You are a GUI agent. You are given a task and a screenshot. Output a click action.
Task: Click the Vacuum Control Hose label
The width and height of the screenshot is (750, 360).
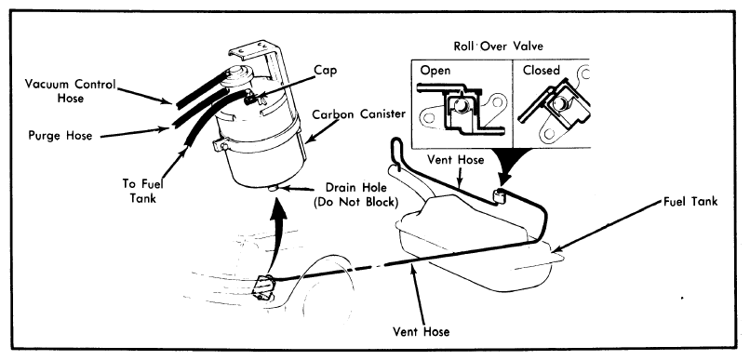click(x=71, y=91)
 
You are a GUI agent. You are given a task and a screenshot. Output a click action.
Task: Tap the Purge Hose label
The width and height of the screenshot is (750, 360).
click(x=60, y=135)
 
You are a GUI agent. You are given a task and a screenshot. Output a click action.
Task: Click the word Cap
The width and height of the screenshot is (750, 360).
click(x=326, y=71)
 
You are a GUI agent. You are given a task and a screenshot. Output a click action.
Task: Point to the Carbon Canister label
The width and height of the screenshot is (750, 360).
click(x=359, y=114)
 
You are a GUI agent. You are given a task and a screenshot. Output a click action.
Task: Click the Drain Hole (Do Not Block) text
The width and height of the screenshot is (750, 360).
click(x=355, y=194)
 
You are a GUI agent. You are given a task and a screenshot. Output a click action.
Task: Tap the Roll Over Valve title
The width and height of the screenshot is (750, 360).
click(x=499, y=47)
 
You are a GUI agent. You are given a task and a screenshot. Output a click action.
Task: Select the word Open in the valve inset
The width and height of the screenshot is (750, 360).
click(x=435, y=71)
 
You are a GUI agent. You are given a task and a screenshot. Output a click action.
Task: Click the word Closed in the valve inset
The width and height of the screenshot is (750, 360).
click(x=541, y=71)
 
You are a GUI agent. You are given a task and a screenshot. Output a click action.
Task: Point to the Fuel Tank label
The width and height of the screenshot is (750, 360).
click(x=690, y=202)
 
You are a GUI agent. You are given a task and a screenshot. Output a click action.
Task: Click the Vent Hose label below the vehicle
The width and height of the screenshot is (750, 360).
click(x=421, y=331)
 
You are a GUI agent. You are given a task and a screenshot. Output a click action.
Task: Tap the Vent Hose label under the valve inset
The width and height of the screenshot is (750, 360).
click(x=454, y=160)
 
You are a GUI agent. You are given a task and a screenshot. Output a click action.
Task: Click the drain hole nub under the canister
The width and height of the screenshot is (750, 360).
click(x=274, y=189)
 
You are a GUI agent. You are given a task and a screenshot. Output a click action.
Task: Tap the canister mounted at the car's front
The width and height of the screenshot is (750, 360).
click(x=264, y=287)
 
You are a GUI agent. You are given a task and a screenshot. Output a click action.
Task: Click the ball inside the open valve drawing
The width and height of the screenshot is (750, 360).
click(x=460, y=105)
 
